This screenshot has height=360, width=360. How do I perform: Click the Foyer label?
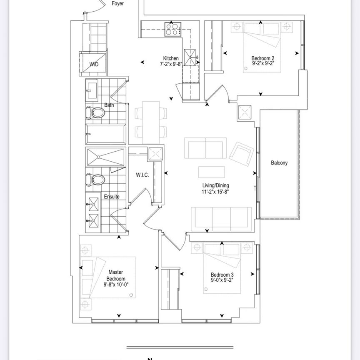click(117, 4)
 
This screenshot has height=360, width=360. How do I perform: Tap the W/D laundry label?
click(94, 65)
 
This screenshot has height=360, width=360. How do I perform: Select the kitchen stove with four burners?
click(171, 29)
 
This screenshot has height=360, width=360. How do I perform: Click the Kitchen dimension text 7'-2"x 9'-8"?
click(171, 65)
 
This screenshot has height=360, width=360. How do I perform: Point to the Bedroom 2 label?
click(262, 58)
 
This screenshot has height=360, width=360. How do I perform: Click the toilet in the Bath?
click(95, 112)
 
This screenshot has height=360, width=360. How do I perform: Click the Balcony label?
click(279, 163)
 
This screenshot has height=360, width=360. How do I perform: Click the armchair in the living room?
click(241, 153)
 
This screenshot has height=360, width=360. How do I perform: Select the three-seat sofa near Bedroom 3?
click(221, 218)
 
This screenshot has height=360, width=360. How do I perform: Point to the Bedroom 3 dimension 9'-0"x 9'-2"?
click(222, 281)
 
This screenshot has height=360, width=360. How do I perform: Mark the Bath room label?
click(109, 105)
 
